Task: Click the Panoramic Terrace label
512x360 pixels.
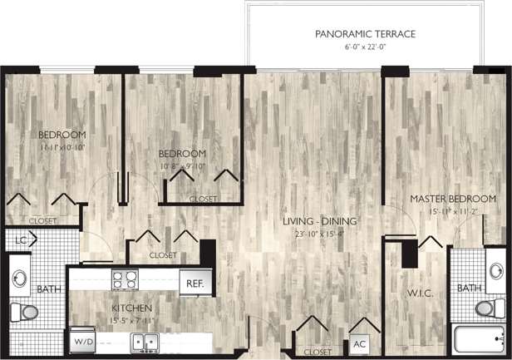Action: (x=365, y=34)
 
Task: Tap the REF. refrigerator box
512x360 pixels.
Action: (x=194, y=284)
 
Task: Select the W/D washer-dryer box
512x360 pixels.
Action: (x=83, y=342)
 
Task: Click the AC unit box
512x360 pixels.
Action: (x=359, y=343)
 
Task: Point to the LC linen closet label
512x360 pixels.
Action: (x=20, y=240)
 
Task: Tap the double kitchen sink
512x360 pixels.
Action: (x=146, y=341)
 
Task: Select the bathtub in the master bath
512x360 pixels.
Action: (x=479, y=340)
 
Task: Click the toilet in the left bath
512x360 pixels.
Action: (x=25, y=313)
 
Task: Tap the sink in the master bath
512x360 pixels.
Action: (x=495, y=273)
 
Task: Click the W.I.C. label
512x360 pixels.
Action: (x=417, y=293)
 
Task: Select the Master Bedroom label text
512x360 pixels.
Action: (x=452, y=199)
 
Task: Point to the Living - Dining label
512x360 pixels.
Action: (x=319, y=221)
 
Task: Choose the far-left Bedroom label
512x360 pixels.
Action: (x=62, y=135)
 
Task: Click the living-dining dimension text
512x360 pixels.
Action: (x=320, y=234)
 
